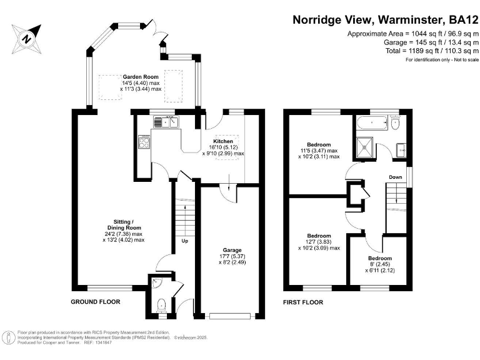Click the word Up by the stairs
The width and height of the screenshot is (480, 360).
(x=185, y=241)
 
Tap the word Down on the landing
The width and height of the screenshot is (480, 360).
(x=395, y=177)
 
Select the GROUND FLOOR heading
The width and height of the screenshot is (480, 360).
(x=95, y=302)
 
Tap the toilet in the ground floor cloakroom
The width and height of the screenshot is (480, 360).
(x=161, y=305)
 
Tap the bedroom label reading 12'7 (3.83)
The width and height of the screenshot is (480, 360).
(x=318, y=241)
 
